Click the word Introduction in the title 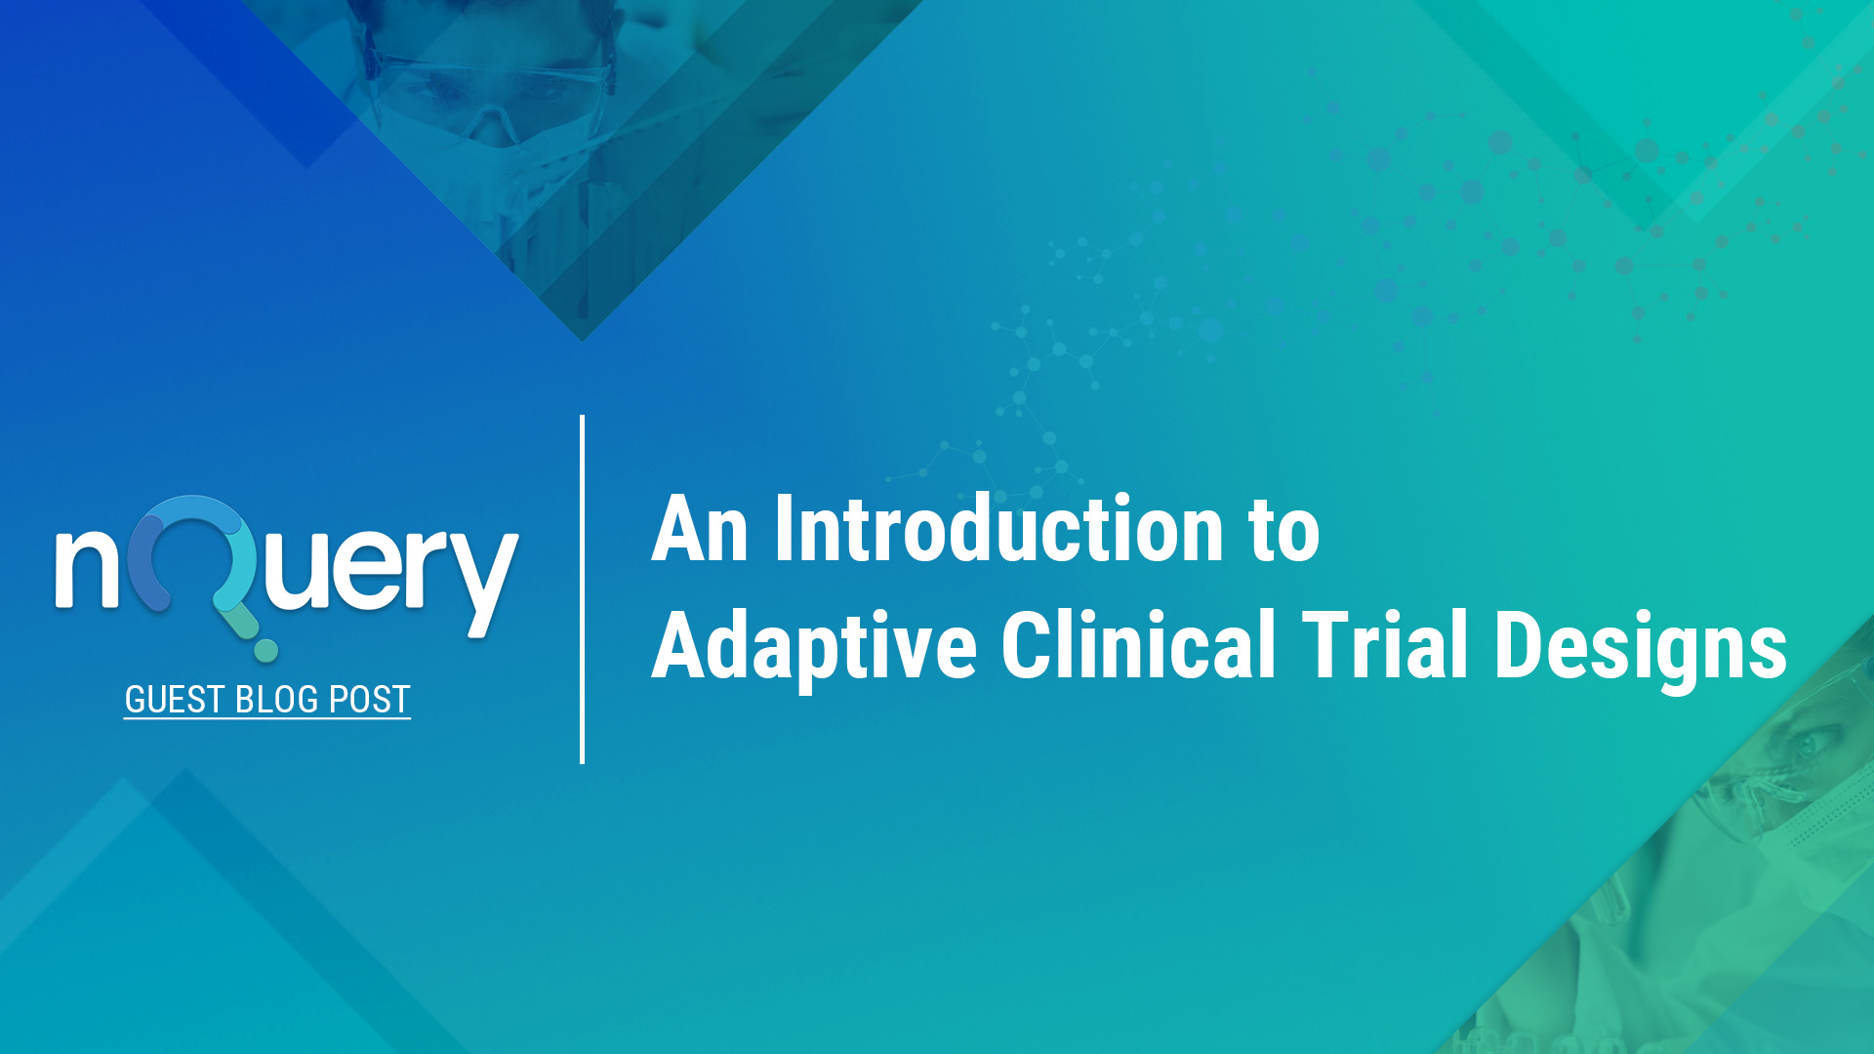pos(998,530)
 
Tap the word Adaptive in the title pos(814,646)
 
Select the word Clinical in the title pos(1138,644)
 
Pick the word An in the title pos(699,530)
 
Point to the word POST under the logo pos(369,700)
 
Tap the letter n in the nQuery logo pos(87,569)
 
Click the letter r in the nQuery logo pos(421,571)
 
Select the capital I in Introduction pos(784,530)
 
